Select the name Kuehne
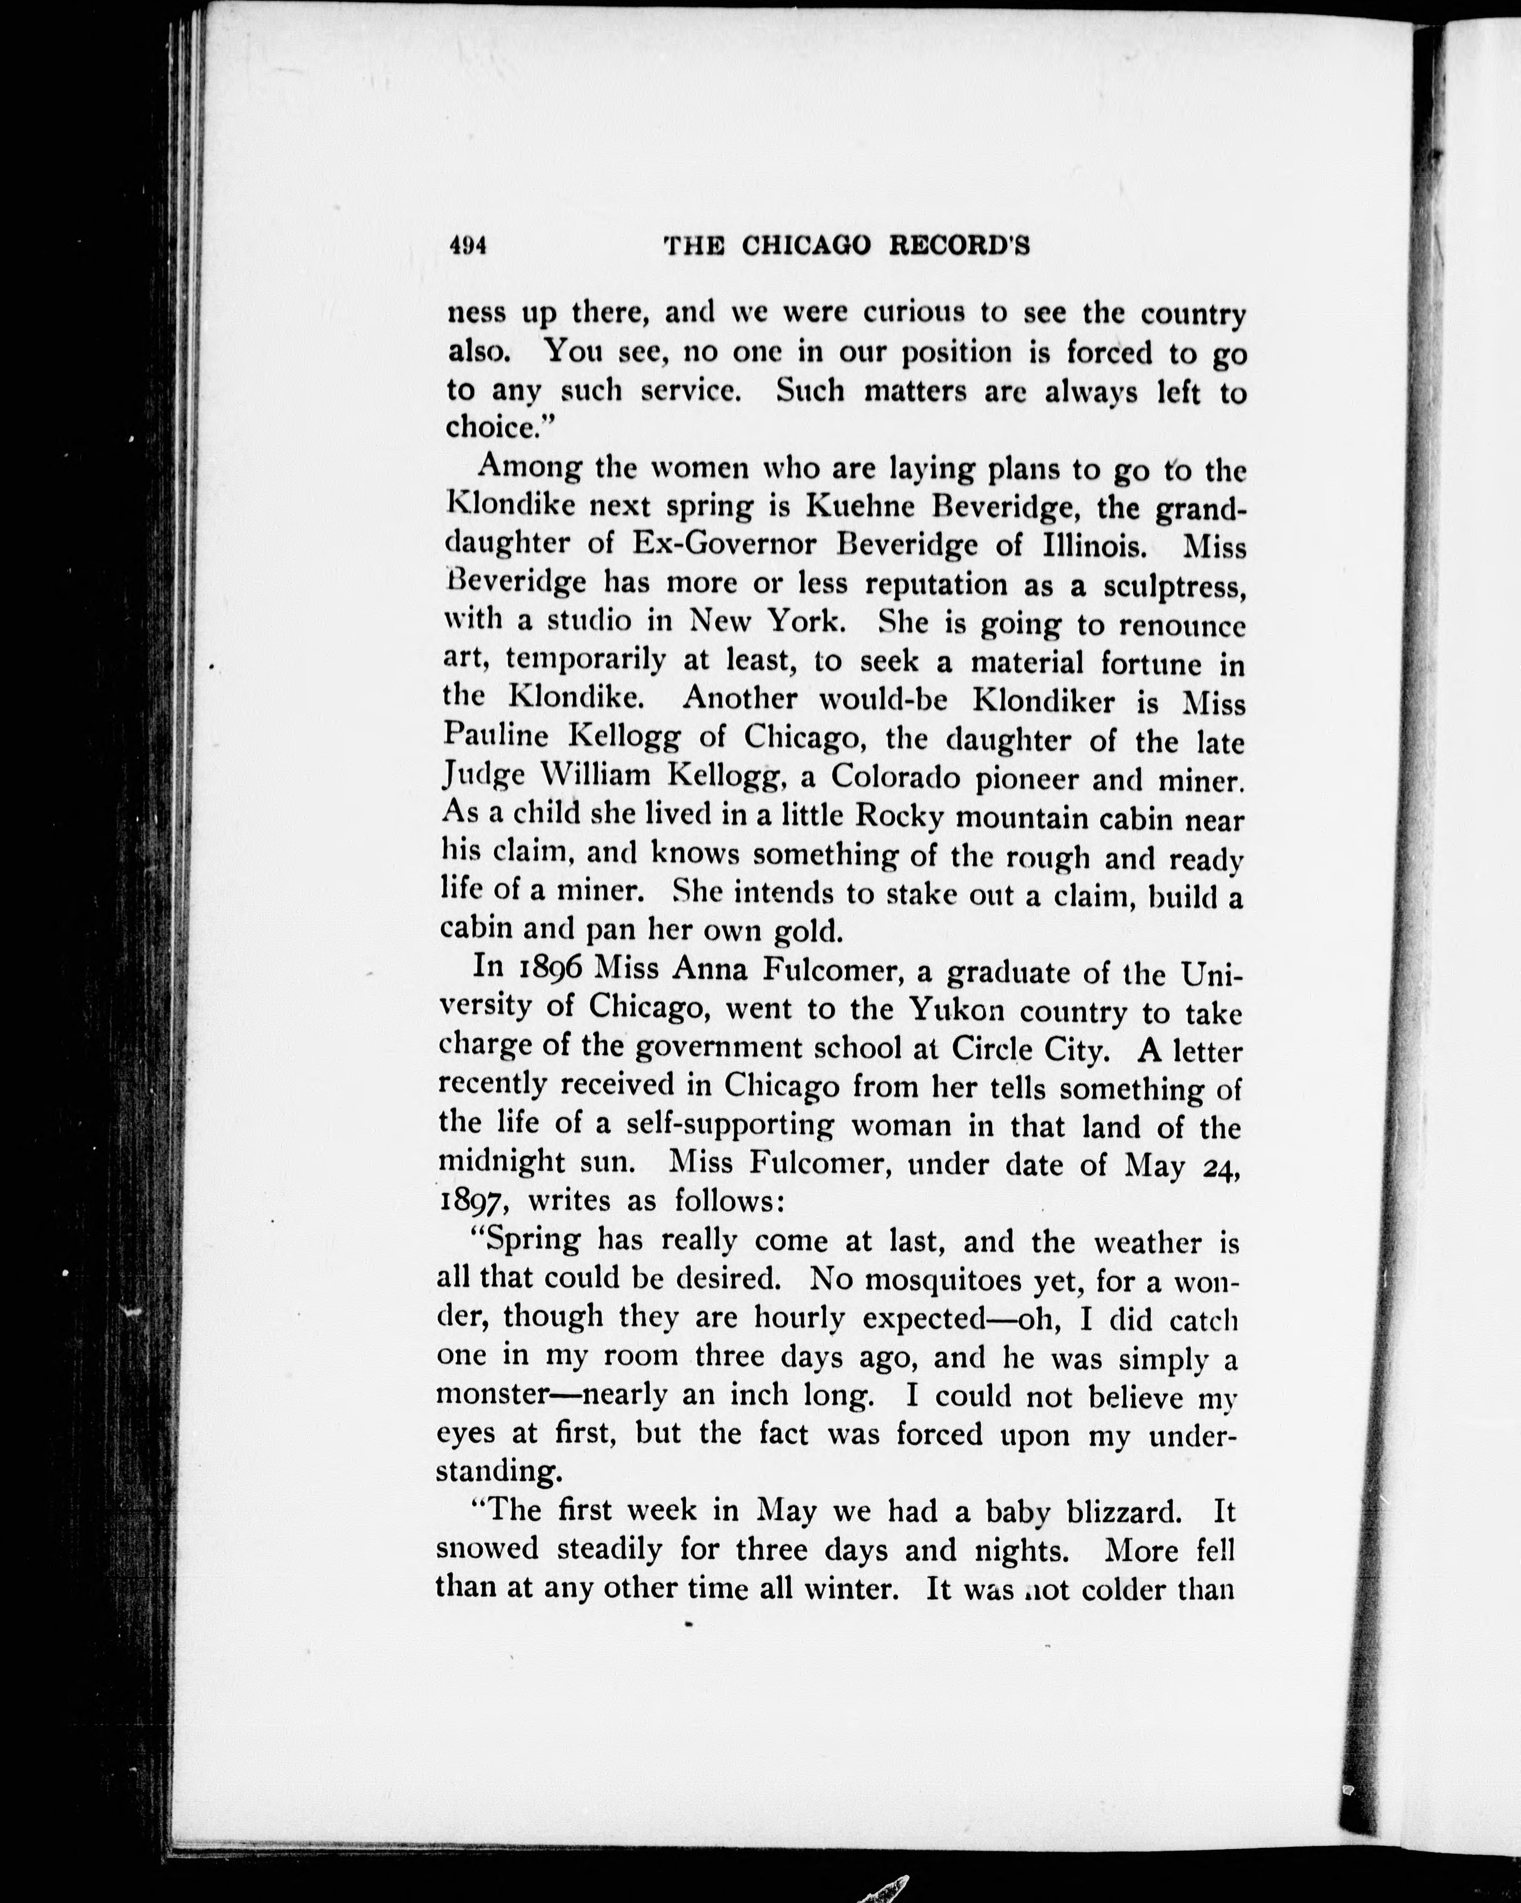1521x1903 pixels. pyautogui.click(x=861, y=508)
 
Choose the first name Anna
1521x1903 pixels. pyautogui.click(x=710, y=969)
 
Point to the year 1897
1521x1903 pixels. pyautogui.click(x=477, y=1202)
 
